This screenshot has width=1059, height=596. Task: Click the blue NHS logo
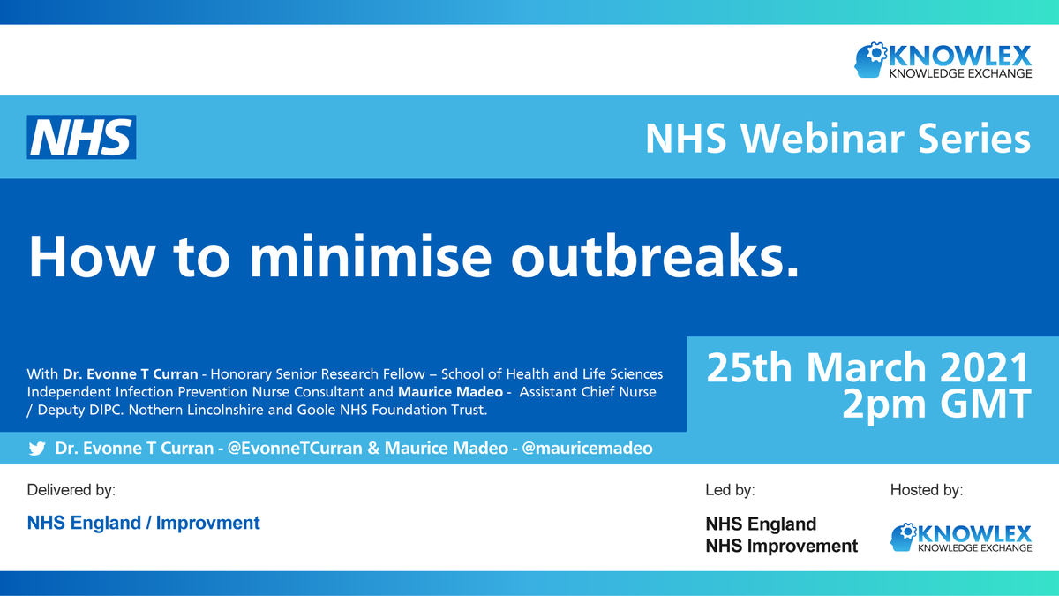click(81, 138)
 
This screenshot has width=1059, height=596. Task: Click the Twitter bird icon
click(36, 449)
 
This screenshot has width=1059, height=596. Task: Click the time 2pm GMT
click(935, 404)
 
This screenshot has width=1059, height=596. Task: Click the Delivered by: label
click(71, 489)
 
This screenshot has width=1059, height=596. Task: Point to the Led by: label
click(730, 489)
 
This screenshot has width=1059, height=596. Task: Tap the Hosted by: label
click(926, 489)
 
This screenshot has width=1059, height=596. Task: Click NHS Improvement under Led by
click(781, 546)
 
